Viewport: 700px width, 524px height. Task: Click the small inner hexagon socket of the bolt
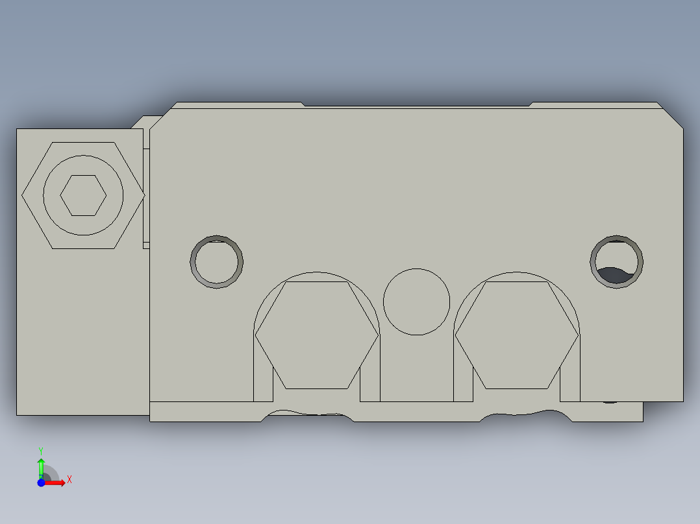[83, 195]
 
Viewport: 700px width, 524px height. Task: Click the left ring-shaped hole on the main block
[217, 262]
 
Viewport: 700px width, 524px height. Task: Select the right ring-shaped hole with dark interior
[617, 262]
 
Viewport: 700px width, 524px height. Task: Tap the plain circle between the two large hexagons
[416, 302]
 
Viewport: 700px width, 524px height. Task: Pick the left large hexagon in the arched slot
[316, 335]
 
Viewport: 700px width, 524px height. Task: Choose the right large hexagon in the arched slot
[516, 335]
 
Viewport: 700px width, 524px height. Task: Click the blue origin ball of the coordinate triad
[42, 482]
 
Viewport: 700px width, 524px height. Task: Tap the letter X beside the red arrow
[69, 480]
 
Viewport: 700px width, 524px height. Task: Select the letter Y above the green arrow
[40, 450]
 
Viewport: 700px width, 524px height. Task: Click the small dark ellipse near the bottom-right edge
[610, 402]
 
